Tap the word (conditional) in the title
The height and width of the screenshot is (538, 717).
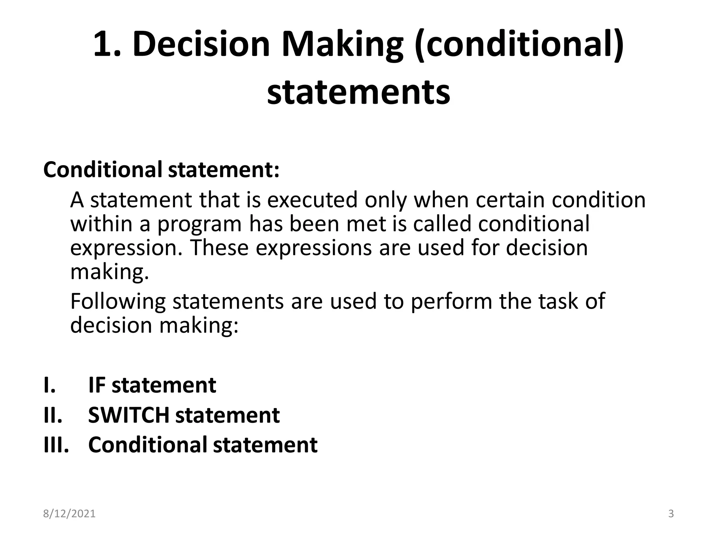click(x=519, y=44)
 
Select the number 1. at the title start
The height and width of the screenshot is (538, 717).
click(x=107, y=44)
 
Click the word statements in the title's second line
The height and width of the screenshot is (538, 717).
click(x=358, y=92)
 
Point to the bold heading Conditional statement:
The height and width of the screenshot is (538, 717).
click(x=161, y=170)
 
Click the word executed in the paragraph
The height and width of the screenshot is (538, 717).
click(x=313, y=200)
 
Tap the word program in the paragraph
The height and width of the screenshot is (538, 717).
click(x=199, y=224)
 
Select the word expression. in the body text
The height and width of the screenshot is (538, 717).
click(x=126, y=248)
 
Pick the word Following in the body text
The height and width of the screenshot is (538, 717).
click(x=118, y=301)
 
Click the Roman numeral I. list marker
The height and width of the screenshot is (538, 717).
click(x=50, y=385)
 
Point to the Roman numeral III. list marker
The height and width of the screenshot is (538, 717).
click(x=56, y=445)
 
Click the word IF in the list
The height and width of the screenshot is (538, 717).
click(x=97, y=385)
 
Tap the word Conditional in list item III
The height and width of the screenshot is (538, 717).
click(x=147, y=445)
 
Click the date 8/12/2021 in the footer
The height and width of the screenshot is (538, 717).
click(x=69, y=514)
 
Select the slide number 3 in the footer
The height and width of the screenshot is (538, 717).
click(x=671, y=514)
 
